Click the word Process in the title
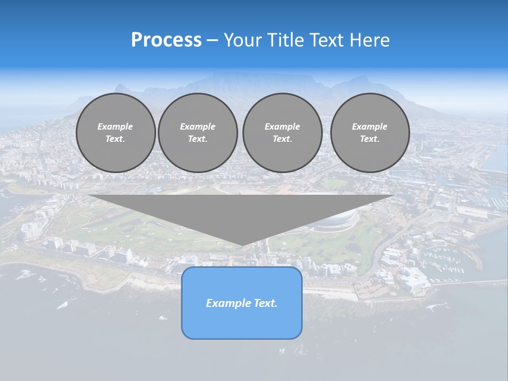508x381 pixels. point(166,40)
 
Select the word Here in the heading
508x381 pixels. point(370,40)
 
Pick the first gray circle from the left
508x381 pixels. point(115,133)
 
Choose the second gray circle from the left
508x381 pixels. point(197,133)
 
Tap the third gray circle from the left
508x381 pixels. point(282,133)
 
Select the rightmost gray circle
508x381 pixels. point(369,133)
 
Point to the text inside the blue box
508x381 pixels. point(242,303)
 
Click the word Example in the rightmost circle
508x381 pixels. point(369,126)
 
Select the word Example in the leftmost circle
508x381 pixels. point(115,126)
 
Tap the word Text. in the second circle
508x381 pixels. point(197,139)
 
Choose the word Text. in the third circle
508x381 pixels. point(282,139)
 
